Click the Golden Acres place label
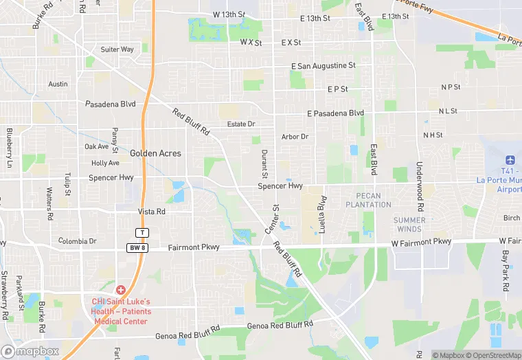point(156,153)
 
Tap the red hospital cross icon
point(121,291)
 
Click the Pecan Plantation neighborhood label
point(368,200)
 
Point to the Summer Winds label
point(409,224)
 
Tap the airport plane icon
point(509,159)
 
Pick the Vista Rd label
point(152,212)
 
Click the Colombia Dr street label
point(78,241)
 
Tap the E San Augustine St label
point(324,65)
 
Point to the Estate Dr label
point(241,124)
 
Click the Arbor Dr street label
point(295,137)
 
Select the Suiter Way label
point(117,49)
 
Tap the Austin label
point(58,84)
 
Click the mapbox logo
point(30,351)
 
